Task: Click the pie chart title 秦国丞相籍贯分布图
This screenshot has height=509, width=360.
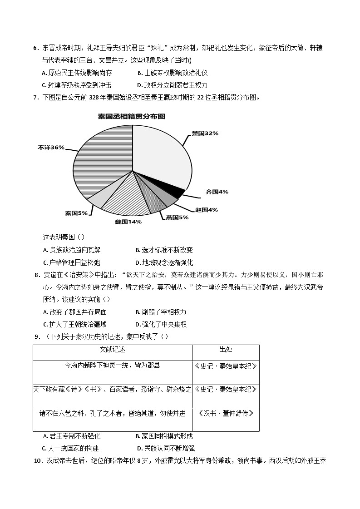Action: [x=132, y=116]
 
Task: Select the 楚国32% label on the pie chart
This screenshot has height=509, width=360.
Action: [x=205, y=133]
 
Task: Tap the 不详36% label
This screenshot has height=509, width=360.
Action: [x=51, y=148]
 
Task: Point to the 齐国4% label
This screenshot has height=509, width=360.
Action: [x=217, y=192]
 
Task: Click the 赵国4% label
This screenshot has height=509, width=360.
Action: [x=206, y=210]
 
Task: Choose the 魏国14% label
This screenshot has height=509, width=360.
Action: [x=128, y=222]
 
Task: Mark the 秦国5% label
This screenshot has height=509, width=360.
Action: [x=76, y=213]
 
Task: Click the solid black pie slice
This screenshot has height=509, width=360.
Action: [x=176, y=193]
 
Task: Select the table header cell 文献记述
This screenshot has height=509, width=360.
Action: [x=112, y=349]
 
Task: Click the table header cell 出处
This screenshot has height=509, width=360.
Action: [x=226, y=349]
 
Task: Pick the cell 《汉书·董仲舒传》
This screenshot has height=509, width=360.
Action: [x=226, y=413]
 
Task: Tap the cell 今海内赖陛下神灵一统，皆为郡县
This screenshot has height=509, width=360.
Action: [x=112, y=365]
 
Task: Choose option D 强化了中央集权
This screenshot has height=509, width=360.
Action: [x=161, y=324]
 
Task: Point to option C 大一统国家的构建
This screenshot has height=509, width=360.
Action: [x=73, y=448]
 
